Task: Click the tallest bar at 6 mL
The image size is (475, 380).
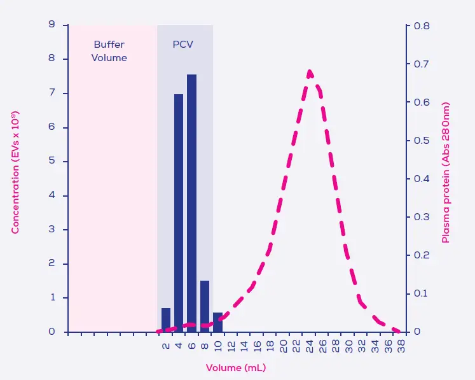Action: pyautogui.click(x=191, y=203)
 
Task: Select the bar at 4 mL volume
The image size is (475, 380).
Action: pyautogui.click(x=179, y=213)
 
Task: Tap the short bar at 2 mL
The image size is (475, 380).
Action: pyautogui.click(x=166, y=320)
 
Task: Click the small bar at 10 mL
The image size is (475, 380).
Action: pyautogui.click(x=217, y=322)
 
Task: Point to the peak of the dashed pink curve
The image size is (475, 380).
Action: pyautogui.click(x=310, y=71)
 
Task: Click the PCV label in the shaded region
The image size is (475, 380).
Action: pyautogui.click(x=183, y=45)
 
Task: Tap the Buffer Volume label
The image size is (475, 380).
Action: pyautogui.click(x=109, y=51)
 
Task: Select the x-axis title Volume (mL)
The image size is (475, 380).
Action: pyautogui.click(x=236, y=368)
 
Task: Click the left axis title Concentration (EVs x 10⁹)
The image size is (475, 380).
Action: pyautogui.click(x=15, y=172)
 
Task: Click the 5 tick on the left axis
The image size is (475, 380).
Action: pyautogui.click(x=52, y=161)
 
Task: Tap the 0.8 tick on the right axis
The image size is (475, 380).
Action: pyautogui.click(x=422, y=26)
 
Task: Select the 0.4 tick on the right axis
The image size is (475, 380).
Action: pyautogui.click(x=422, y=179)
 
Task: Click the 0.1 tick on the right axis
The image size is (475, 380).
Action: pyautogui.click(x=422, y=293)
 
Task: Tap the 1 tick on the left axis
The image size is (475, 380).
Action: pyautogui.click(x=52, y=297)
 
